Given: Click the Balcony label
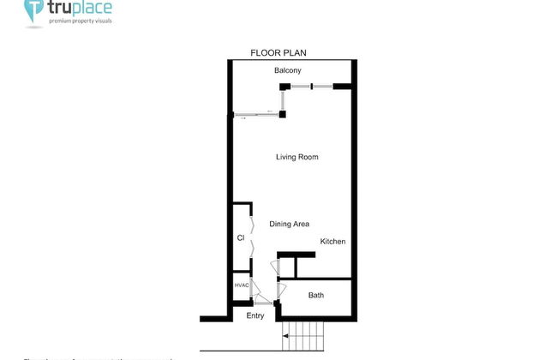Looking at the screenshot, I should click(x=287, y=70).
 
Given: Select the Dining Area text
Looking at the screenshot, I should click(x=290, y=224).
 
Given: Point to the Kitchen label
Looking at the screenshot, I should click(x=333, y=242).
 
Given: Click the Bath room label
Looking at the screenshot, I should click(x=316, y=296).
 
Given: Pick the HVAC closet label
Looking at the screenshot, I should click(x=241, y=285).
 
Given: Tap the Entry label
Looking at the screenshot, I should click(x=255, y=316).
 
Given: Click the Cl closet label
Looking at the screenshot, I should click(x=241, y=237).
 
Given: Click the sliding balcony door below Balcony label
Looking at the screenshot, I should click(x=257, y=115).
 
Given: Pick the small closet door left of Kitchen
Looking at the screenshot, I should click(x=275, y=267).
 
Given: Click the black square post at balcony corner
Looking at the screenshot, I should click(x=283, y=113).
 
